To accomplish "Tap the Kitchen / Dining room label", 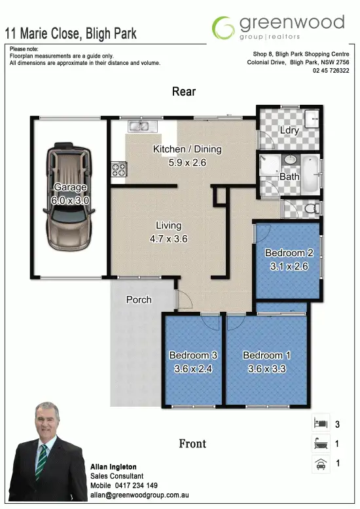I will pyautogui.click(x=187, y=149).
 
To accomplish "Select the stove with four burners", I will pyautogui.click(x=118, y=169).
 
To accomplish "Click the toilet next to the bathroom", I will pyautogui.click(x=312, y=208).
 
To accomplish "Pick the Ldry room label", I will pyautogui.click(x=289, y=130).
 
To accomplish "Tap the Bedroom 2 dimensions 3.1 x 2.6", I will pyautogui.click(x=289, y=267).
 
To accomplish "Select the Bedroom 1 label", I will pyautogui.click(x=266, y=356).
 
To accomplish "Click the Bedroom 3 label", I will pyautogui.click(x=193, y=356).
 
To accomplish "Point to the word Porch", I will pyautogui.click(x=139, y=300).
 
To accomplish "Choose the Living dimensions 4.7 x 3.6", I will pyautogui.click(x=169, y=239).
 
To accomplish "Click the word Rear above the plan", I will pyautogui.click(x=184, y=92).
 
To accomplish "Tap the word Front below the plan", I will pyautogui.click(x=192, y=444).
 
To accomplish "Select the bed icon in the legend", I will pyautogui.click(x=319, y=424).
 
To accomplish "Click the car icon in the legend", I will pyautogui.click(x=319, y=464).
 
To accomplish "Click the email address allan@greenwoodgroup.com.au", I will pyautogui.click(x=139, y=497).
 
